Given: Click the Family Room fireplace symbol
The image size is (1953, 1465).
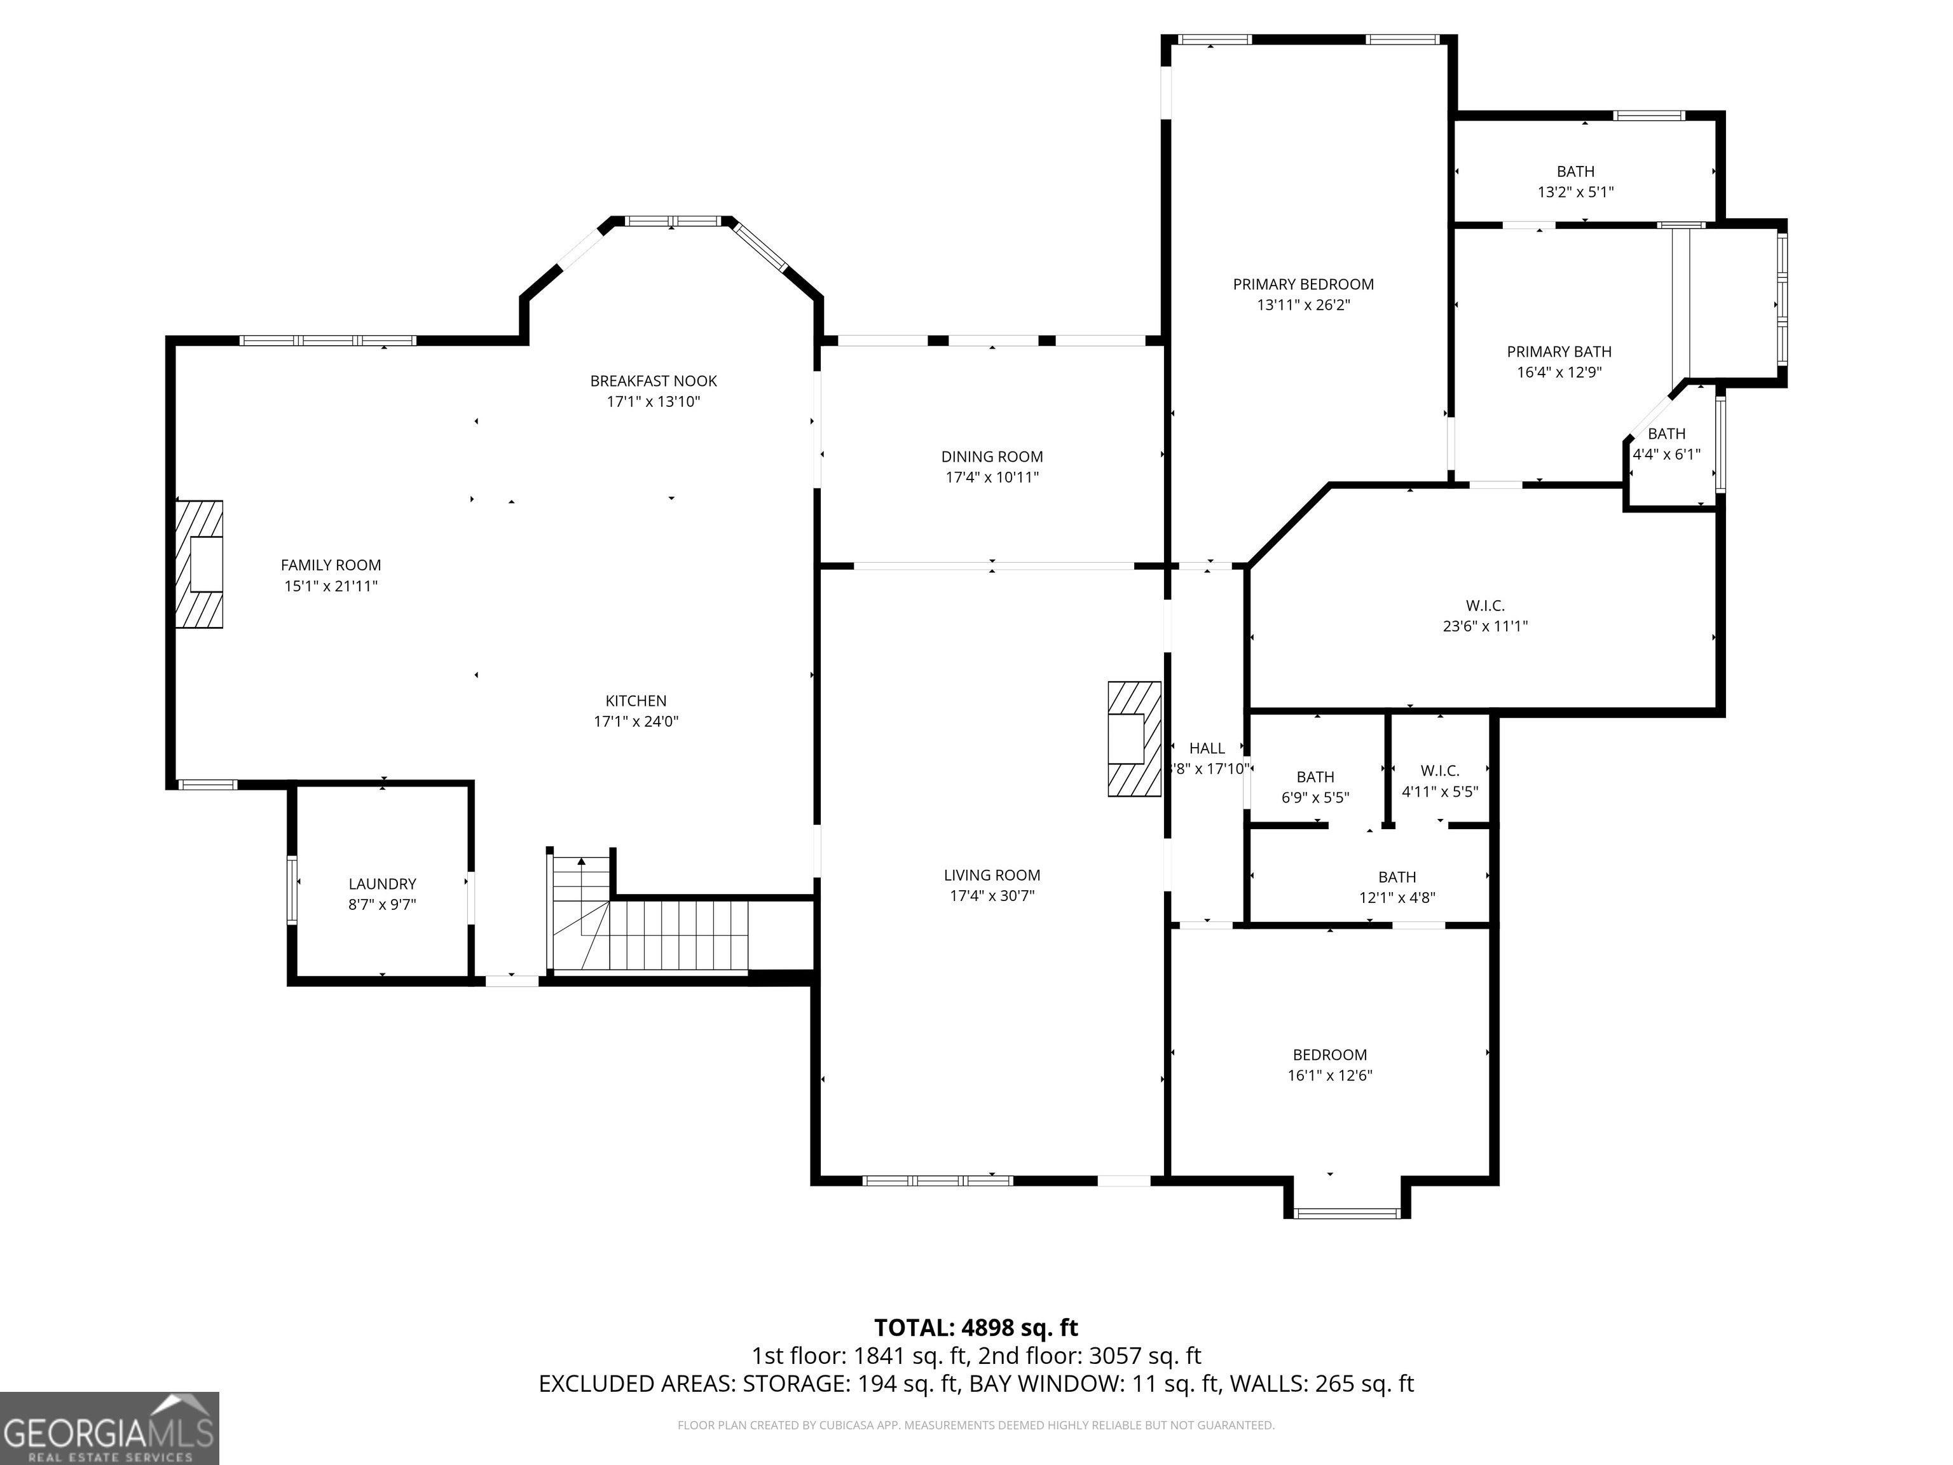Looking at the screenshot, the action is (198, 564).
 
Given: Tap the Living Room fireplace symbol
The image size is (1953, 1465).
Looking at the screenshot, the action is (1135, 739).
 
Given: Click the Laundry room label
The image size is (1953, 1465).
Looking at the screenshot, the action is (382, 884).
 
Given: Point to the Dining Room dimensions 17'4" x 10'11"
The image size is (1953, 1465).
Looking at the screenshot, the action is (992, 478).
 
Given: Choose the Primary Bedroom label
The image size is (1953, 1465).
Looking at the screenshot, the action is (1303, 284).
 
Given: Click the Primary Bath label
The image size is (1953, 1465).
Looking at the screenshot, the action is (1559, 352).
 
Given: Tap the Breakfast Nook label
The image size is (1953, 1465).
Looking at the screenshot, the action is (654, 381).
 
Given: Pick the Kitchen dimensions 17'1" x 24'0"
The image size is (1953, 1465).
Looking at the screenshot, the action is (636, 722).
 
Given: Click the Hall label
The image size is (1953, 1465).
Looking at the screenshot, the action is (1207, 748).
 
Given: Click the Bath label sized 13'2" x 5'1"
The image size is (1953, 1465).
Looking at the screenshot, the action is (1576, 171).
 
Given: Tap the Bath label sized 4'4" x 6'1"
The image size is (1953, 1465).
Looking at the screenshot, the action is (1667, 434).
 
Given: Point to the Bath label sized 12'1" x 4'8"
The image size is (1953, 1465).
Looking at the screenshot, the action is (1397, 877).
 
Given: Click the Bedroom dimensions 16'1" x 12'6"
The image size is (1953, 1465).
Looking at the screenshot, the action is (1330, 1076).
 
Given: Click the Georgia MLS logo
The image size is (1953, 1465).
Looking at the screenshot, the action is (109, 1429).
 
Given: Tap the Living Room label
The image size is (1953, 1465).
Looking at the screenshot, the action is (992, 875).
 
